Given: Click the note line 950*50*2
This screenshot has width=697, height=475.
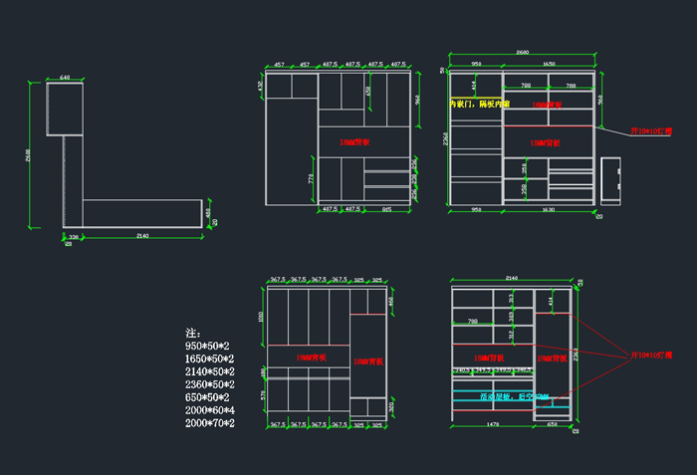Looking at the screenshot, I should point(209,346).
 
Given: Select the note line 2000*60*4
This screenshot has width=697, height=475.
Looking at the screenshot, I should point(210,410).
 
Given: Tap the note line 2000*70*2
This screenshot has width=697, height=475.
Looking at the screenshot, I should point(210,423).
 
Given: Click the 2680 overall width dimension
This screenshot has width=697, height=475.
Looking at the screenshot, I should point(523,52).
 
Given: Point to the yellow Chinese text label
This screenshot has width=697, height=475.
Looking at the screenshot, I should point(479,104).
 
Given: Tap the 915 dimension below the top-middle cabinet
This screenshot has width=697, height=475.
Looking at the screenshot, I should point(386,209).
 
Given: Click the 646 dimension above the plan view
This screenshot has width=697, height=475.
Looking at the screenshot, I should point(65,77).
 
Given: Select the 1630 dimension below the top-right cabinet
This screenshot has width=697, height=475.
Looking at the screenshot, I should point(548,210).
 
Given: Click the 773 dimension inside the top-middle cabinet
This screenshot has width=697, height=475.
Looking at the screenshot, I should point(311,179).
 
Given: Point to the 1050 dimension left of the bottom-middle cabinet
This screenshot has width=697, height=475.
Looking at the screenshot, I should point(261,316).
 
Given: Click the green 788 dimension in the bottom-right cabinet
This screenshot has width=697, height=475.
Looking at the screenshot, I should point(472,321).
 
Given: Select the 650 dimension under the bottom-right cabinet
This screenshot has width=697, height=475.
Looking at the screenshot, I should point(553,425).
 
